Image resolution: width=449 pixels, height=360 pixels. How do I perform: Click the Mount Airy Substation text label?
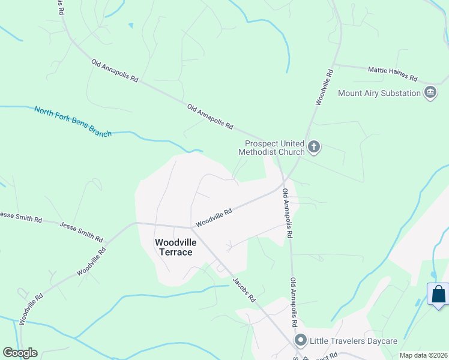point(379,93)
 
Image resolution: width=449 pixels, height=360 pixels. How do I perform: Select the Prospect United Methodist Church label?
point(272,148)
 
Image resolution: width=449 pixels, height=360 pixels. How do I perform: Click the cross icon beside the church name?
point(313,147)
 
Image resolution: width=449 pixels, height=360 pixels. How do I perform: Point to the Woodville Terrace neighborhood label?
point(173,247)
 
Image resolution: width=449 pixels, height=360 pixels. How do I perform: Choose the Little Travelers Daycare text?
point(353,341)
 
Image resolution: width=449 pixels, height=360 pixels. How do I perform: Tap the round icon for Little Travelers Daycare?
point(301,341)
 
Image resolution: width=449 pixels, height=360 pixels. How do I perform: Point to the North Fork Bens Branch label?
point(73,121)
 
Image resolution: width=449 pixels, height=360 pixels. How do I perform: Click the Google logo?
point(20,353)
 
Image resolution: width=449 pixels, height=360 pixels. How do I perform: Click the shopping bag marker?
point(438,295)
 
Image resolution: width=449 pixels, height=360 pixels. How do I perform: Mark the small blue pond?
point(131,25)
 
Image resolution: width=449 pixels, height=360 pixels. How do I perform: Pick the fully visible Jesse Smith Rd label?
point(80,230)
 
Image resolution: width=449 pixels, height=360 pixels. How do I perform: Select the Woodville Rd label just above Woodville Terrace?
point(214,217)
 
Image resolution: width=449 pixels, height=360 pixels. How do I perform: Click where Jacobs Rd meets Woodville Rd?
point(191,228)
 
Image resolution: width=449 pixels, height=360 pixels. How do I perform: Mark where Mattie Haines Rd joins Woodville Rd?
point(333,64)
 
